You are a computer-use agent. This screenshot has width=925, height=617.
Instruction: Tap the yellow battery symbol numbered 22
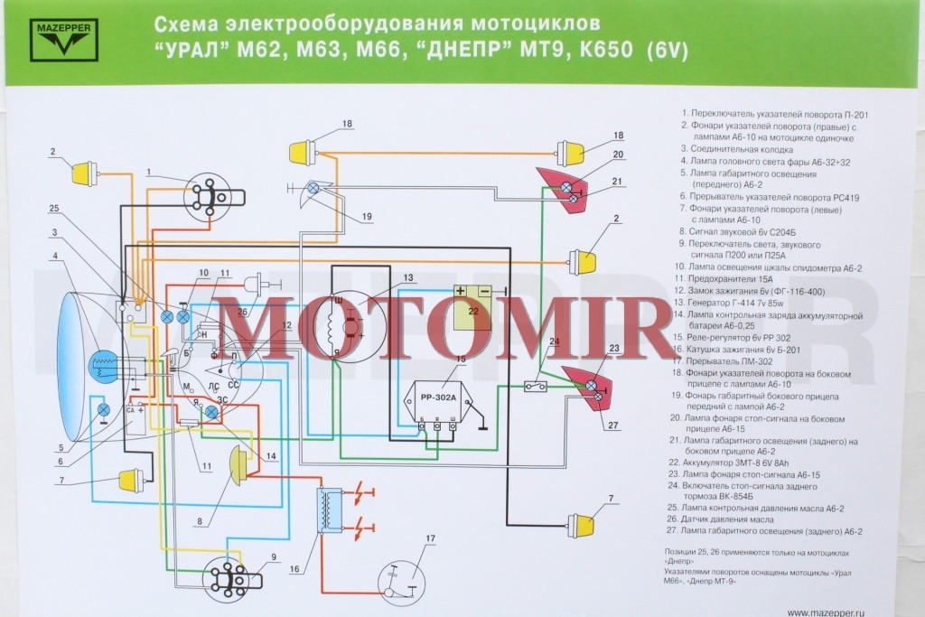[472, 305]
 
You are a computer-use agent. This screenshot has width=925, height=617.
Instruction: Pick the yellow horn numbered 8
[238, 463]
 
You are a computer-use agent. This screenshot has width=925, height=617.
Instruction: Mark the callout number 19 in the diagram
[368, 217]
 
